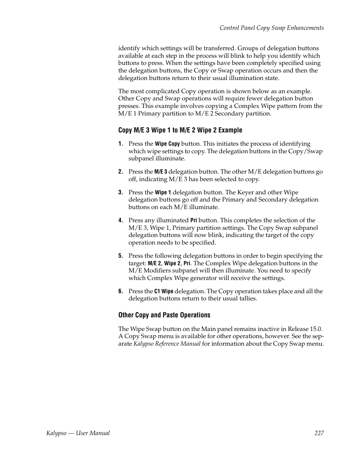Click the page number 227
tap(319, 433)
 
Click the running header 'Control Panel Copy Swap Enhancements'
tap(271, 28)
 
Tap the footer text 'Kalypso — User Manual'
tap(75, 433)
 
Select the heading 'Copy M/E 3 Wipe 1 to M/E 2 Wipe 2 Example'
tap(180, 130)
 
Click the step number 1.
tap(120, 144)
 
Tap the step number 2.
tap(120, 172)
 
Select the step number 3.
tap(120, 192)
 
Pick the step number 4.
tap(120, 220)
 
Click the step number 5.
tap(120, 256)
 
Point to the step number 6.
tap(120, 291)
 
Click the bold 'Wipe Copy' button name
tap(167, 144)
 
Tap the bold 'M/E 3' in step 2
tap(160, 172)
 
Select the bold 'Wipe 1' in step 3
tap(163, 192)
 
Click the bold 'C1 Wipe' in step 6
tap(164, 291)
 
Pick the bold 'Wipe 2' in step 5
tap(172, 263)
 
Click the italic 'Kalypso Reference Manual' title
tap(167, 344)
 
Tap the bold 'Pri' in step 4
tap(194, 220)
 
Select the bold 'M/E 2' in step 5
tap(154, 263)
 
